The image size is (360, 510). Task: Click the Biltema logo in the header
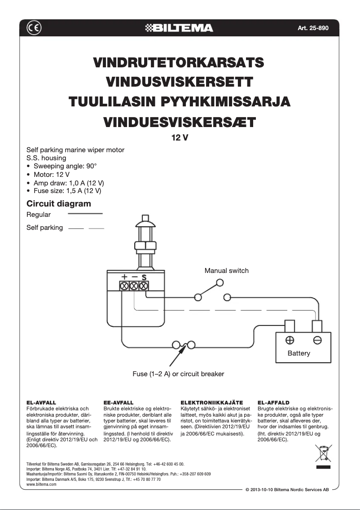pos(180,28)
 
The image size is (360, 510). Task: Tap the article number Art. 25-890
pos(313,28)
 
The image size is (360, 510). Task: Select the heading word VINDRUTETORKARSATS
pos(178,62)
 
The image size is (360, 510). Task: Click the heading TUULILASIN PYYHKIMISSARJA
pos(179,101)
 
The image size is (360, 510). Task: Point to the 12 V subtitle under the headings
pos(180,138)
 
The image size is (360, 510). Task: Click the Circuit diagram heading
pos(59,203)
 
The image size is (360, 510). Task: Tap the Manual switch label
pos(226,270)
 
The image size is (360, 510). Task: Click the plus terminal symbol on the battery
pos(290,340)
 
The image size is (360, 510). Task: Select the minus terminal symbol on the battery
pos(317,340)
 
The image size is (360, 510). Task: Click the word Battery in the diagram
pos(299,353)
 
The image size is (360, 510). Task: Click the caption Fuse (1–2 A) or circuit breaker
pos(178,374)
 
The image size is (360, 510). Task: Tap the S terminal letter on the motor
pos(144,277)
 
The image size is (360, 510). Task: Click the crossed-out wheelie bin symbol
pos(323,453)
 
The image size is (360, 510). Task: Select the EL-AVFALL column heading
pos(41,403)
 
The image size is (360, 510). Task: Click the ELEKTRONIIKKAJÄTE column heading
pos(211,403)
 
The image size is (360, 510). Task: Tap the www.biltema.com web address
pos(41,484)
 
